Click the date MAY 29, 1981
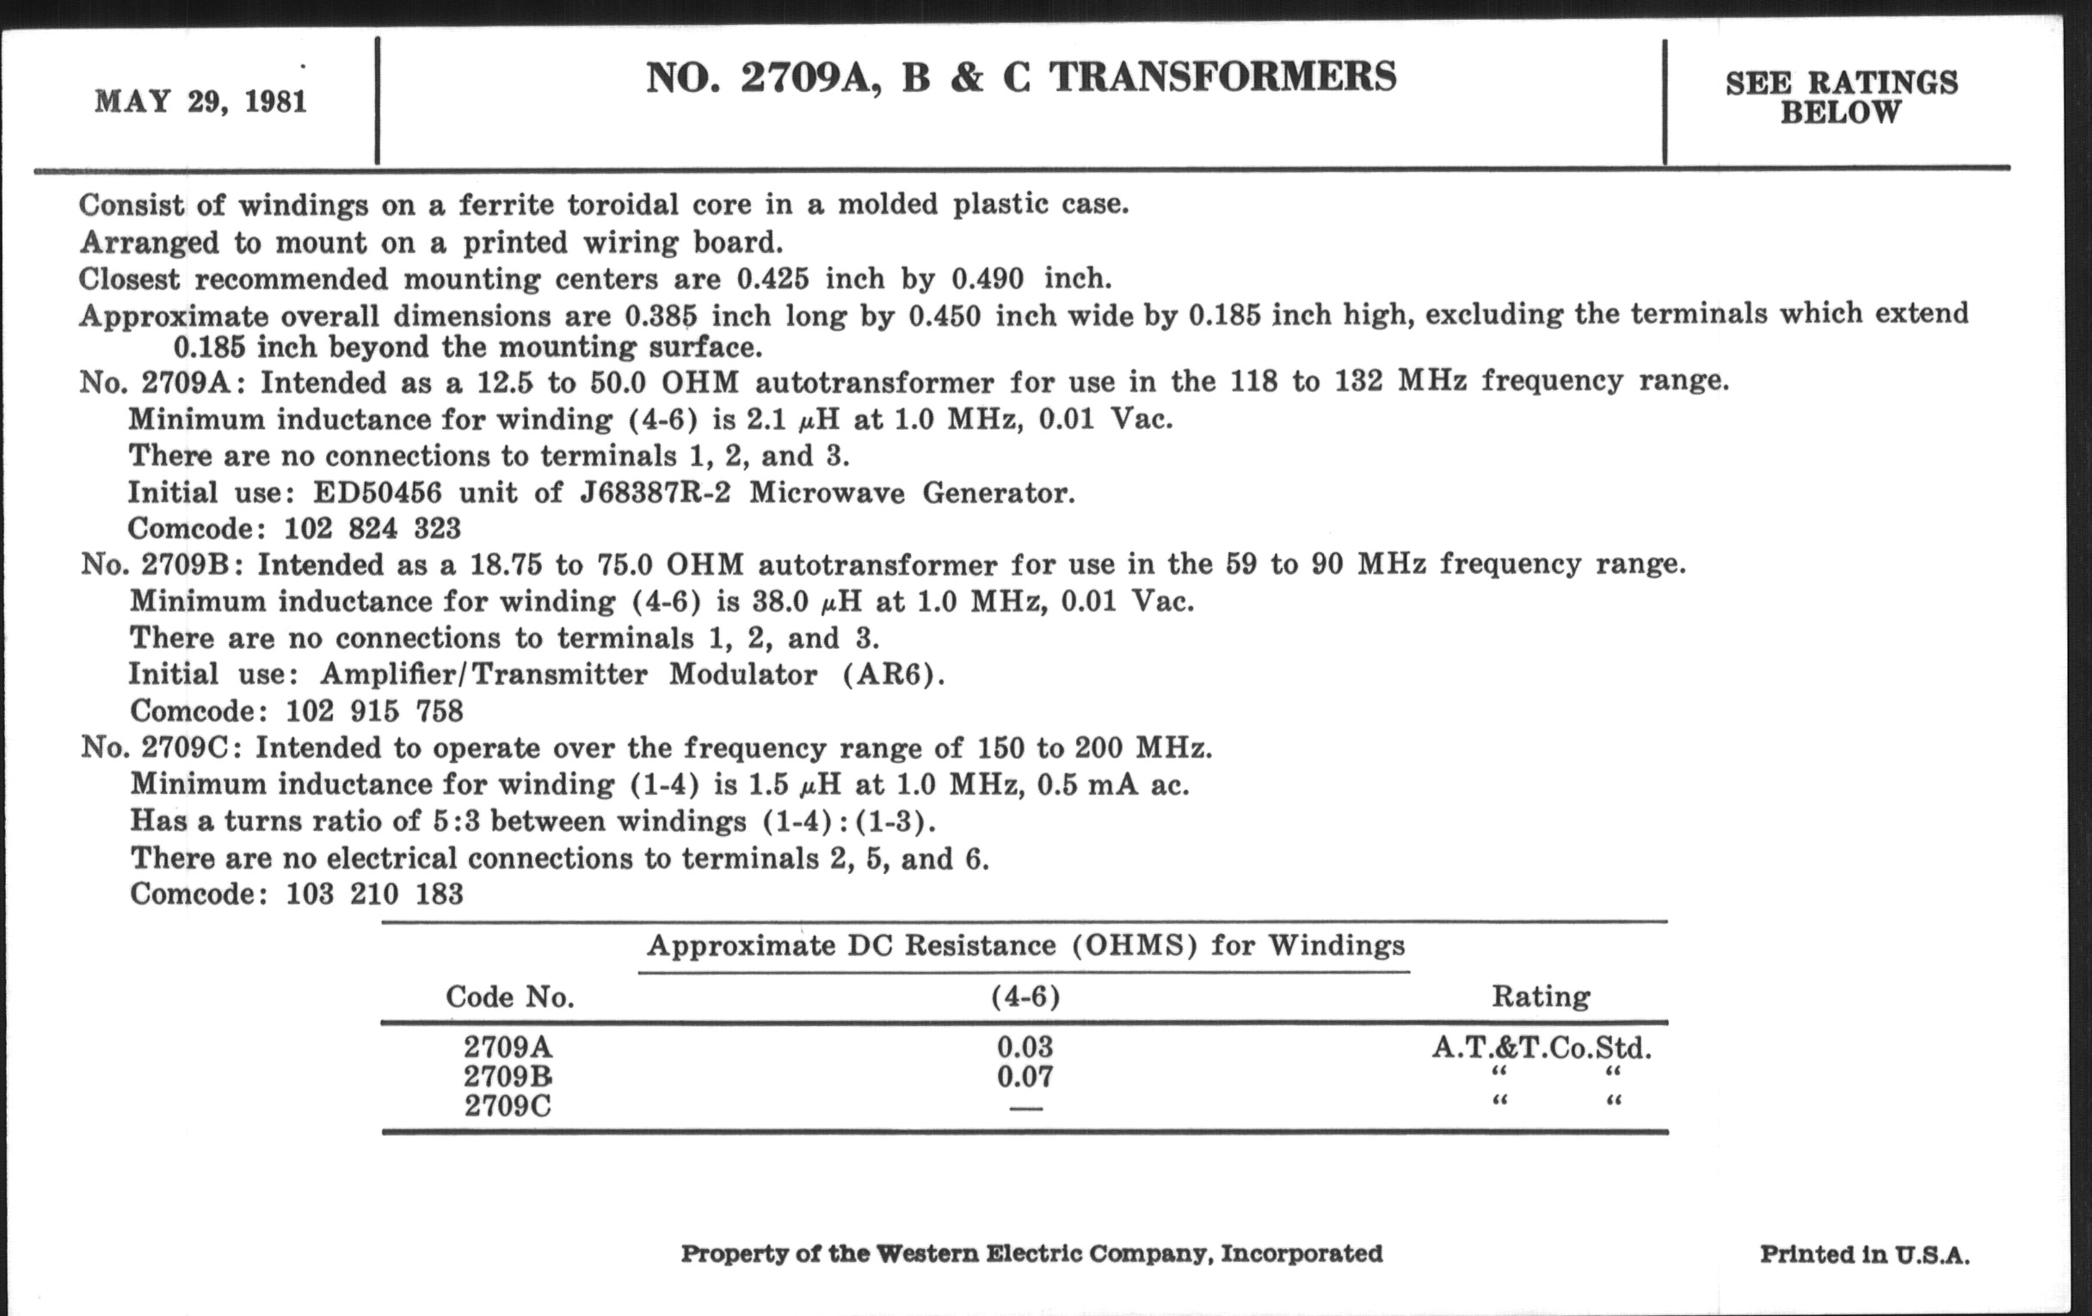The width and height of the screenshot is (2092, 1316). click(x=200, y=101)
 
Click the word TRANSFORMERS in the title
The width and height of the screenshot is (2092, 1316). click(x=1222, y=77)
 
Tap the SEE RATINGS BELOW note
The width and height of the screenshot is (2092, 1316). click(x=1841, y=97)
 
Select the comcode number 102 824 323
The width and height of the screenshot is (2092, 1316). click(x=372, y=529)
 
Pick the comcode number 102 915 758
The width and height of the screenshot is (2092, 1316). click(x=374, y=711)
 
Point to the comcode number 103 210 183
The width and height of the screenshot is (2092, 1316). click(x=374, y=894)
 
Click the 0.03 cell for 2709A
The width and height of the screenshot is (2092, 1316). click(x=1024, y=1047)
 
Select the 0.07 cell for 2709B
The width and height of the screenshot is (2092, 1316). click(x=1024, y=1077)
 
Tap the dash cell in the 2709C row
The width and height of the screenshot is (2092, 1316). click(x=1025, y=1109)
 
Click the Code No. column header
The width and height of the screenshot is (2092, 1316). click(x=510, y=996)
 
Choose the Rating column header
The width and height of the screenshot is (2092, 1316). click(x=1541, y=996)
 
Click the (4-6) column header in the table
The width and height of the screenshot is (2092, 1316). click(x=1025, y=996)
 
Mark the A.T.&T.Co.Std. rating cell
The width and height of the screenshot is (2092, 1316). click(x=1541, y=1048)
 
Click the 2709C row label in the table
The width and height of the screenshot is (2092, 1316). click(x=508, y=1107)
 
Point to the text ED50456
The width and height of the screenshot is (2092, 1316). click(x=377, y=493)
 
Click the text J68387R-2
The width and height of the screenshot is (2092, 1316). click(x=655, y=493)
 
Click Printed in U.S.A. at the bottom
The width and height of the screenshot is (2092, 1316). click(x=1864, y=1254)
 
